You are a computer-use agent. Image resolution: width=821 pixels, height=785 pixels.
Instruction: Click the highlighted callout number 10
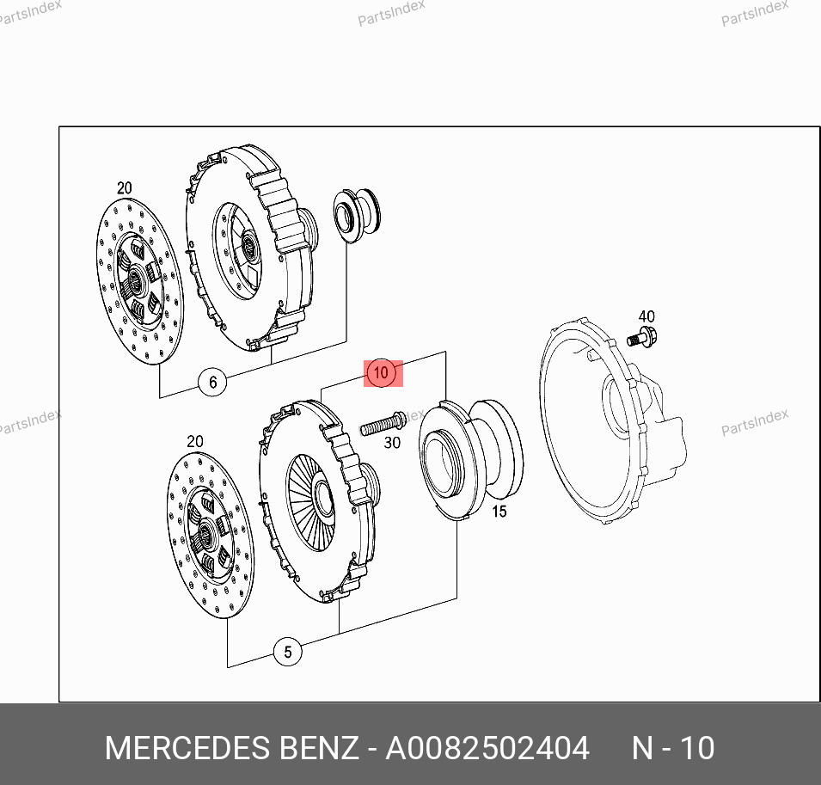click(381, 373)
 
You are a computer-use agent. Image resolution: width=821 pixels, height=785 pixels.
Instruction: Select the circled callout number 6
click(212, 383)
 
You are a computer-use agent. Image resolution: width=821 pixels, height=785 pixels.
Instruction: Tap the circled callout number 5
click(288, 652)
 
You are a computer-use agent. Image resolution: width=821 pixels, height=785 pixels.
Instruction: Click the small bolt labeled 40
click(642, 338)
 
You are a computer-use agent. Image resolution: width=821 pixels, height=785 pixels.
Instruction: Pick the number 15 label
click(499, 511)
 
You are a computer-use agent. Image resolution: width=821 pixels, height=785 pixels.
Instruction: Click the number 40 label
click(646, 316)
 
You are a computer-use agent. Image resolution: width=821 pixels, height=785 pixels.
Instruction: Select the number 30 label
click(392, 443)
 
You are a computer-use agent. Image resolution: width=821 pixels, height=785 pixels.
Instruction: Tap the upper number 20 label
click(124, 188)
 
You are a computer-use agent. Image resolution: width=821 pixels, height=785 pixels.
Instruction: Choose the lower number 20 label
click(195, 441)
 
